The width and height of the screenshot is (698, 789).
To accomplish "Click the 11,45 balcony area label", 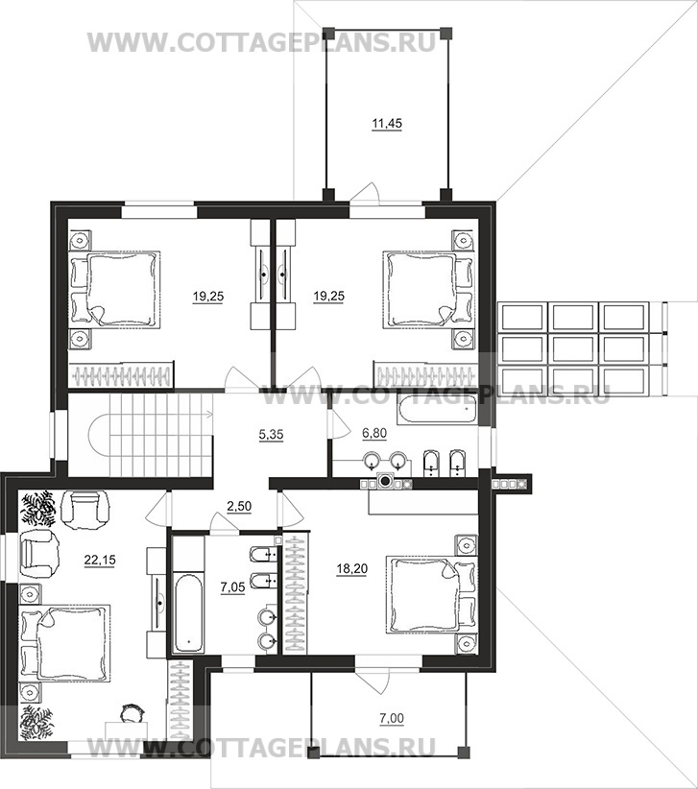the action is [387, 123].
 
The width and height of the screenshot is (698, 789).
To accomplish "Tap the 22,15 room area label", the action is [100, 559].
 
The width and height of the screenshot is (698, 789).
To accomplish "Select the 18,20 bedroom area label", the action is [351, 569].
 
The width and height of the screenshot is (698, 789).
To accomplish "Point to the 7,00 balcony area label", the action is [392, 718].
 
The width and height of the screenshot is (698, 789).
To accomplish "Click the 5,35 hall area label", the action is [271, 434].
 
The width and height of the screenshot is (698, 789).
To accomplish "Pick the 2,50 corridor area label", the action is [239, 506].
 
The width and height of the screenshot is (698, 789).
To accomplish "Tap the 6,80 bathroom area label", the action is [374, 433].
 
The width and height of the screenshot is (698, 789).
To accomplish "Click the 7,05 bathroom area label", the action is [232, 586].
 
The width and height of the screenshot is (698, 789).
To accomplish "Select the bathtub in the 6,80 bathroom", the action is [435, 409].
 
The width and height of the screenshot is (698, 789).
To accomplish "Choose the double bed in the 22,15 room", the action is [64, 642].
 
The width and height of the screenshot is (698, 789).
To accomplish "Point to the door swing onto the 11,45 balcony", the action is [365, 193].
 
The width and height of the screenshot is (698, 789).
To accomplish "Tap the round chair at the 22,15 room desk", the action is [132, 713].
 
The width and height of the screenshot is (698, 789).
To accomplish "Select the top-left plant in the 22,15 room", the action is [37, 508].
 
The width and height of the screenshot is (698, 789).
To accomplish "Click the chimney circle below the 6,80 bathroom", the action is [386, 482].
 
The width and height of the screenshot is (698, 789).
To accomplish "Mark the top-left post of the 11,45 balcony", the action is [327, 34].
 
